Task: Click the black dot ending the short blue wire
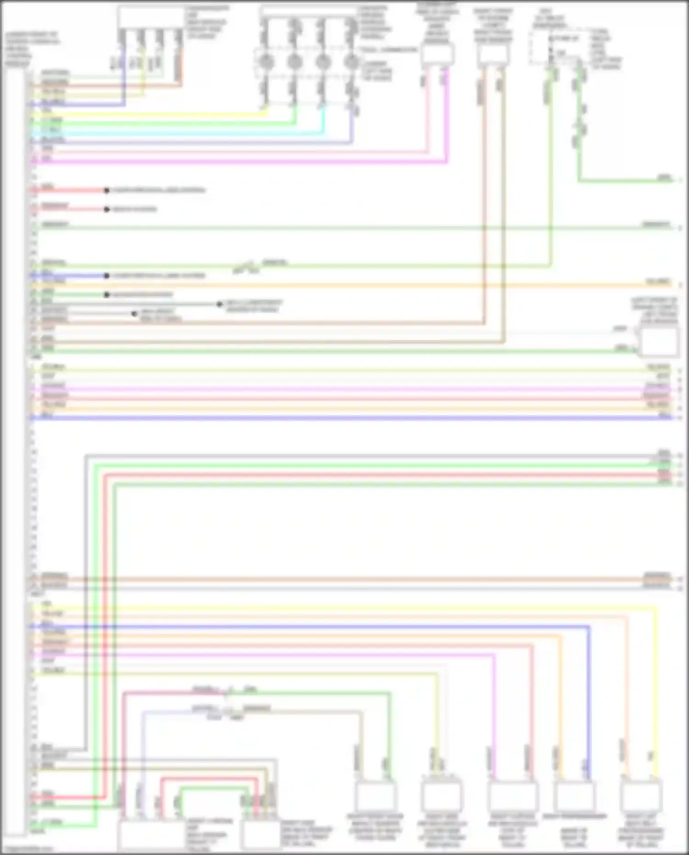click(x=107, y=276)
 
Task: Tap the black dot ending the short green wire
click(x=107, y=294)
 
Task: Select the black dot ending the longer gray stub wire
click(x=220, y=304)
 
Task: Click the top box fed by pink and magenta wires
click(x=437, y=55)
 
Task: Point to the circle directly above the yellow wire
click(x=266, y=61)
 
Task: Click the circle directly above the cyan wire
click(x=323, y=61)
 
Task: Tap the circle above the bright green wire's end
click(x=294, y=61)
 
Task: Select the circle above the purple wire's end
click(x=351, y=61)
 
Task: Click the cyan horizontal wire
click(x=184, y=133)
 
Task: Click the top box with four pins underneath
click(x=152, y=17)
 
